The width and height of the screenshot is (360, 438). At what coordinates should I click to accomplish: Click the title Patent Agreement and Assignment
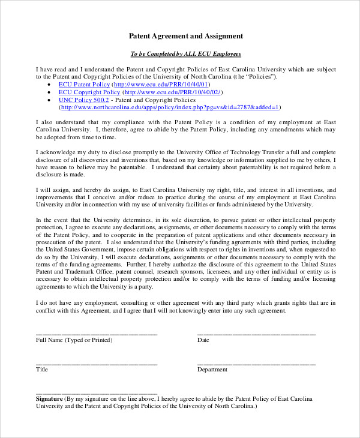pos(186,36)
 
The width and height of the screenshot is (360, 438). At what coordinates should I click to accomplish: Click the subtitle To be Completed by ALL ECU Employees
pos(186,54)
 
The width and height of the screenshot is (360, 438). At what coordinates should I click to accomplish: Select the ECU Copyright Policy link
pos(89,92)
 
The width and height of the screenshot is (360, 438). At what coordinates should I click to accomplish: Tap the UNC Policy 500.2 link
pos(80,100)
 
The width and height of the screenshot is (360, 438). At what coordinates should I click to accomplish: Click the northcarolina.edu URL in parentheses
pos(169,107)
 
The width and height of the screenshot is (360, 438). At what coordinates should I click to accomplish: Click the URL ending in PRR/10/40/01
pos(165,85)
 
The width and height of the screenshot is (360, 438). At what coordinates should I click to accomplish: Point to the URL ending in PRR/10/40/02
pos(172,92)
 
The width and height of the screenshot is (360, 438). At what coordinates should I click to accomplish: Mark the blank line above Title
pos(97,363)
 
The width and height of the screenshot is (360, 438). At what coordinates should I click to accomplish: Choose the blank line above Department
pos(256,363)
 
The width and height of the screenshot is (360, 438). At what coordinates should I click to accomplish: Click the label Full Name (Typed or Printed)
pos(74,340)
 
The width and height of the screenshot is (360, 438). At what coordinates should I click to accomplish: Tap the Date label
pos(203,340)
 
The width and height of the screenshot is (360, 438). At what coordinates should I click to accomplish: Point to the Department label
pos(212,370)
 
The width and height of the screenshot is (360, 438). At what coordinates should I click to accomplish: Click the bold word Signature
pos(49,398)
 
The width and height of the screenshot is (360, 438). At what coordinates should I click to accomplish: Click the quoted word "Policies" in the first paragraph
pos(260,77)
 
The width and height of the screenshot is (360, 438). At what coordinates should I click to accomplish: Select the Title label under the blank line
pos(42,370)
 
